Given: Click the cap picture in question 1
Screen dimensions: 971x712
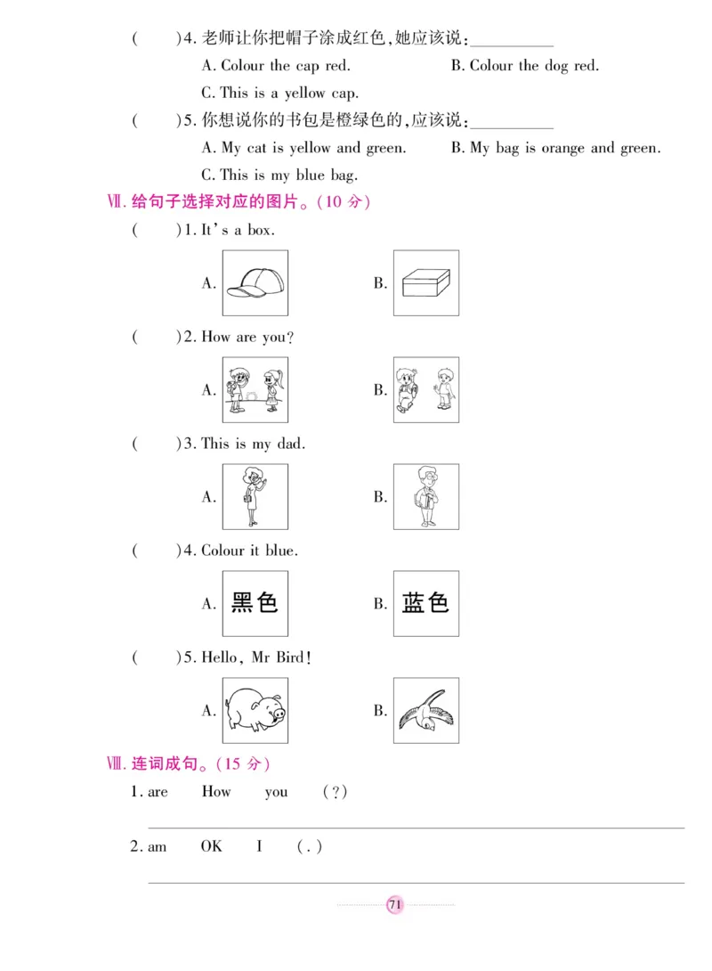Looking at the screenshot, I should click(x=255, y=283).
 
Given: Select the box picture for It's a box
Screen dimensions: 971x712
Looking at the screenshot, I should click(x=426, y=283).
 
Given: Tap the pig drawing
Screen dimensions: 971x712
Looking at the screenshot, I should click(x=255, y=710).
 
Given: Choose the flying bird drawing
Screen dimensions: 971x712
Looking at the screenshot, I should click(x=426, y=710).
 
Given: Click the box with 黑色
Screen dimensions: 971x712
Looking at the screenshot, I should click(x=255, y=603).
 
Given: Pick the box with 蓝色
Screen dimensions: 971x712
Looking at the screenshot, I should click(x=426, y=603).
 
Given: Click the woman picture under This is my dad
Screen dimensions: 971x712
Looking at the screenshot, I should click(x=255, y=497).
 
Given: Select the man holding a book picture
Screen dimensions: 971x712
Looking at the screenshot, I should click(x=426, y=497).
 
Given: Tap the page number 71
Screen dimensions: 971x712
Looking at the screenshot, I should click(x=395, y=905).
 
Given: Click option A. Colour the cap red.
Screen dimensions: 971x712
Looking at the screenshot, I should click(x=276, y=66).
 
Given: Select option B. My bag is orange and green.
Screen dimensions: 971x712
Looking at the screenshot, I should click(x=555, y=148).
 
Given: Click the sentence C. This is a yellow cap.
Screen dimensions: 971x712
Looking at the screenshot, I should click(x=279, y=93).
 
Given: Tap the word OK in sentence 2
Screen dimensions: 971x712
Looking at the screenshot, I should click(x=211, y=846).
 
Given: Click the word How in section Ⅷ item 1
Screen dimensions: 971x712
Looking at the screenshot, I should click(x=215, y=792).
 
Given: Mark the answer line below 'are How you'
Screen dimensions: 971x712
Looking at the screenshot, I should click(x=416, y=827).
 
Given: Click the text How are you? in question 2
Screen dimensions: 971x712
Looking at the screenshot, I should click(x=247, y=338).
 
